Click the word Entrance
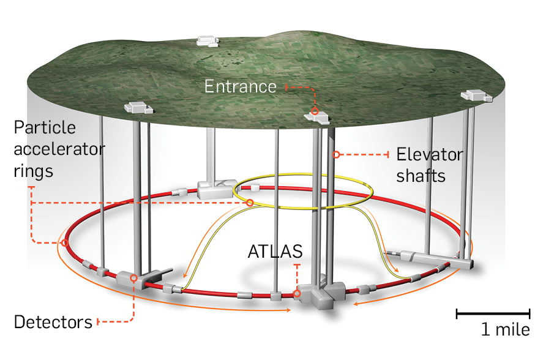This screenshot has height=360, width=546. [x=240, y=86]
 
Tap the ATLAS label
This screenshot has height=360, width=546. [x=275, y=252]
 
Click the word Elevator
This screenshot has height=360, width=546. [x=430, y=154]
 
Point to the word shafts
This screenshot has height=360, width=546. [x=421, y=176]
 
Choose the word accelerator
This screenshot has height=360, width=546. [x=59, y=149]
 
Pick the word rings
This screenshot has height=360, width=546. [x=33, y=170]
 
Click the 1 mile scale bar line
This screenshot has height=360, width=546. [x=492, y=315]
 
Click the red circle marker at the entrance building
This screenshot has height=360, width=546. [x=315, y=111]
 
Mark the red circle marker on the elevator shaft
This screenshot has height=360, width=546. [x=336, y=154]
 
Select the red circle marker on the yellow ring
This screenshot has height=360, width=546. [x=250, y=203]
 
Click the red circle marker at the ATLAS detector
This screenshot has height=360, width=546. [x=297, y=294]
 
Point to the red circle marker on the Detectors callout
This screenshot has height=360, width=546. [x=134, y=279]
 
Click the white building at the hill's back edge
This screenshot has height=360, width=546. [x=207, y=41]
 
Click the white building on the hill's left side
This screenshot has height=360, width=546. [x=137, y=108]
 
